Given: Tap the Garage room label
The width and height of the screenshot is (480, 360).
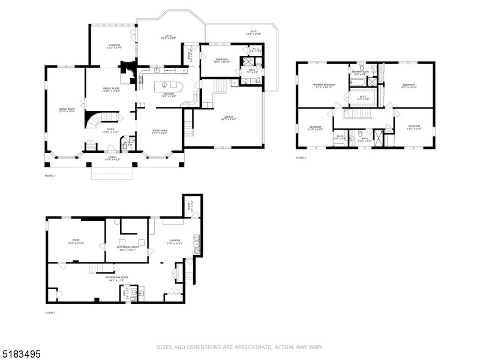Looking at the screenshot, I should (x=228, y=118).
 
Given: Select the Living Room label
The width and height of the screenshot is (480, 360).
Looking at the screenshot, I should (x=65, y=110).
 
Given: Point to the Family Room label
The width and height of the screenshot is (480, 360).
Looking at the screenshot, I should (x=110, y=89).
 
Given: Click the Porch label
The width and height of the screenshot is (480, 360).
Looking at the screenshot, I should (x=112, y=158).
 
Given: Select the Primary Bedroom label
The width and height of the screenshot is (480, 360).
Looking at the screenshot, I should (x=323, y=86).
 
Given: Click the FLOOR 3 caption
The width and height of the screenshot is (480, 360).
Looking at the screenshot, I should (x=301, y=158).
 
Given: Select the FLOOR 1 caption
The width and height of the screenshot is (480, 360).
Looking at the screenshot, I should (x=50, y=313).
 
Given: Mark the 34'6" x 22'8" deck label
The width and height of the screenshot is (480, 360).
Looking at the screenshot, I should (x=253, y=32).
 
